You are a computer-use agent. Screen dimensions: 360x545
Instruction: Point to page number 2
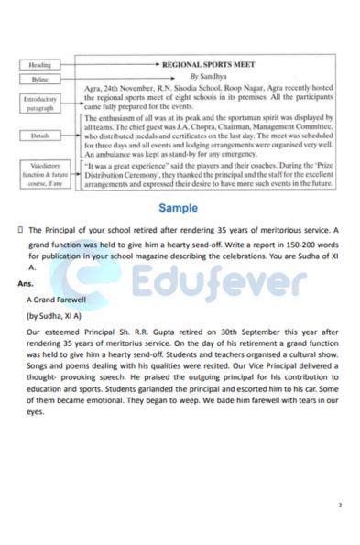coord(339,505)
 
